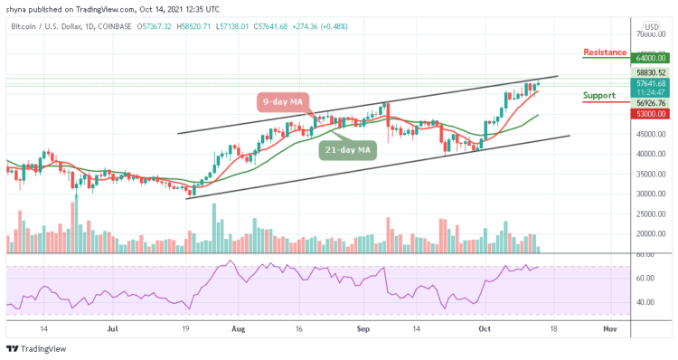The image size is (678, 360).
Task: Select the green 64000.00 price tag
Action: (x=648, y=58)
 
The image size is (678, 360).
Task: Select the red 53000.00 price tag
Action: (x=648, y=114)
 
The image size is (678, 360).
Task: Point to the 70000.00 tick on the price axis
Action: (x=648, y=33)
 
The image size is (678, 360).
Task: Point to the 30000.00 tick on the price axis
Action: (x=648, y=194)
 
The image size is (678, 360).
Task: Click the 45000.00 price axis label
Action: (x=648, y=134)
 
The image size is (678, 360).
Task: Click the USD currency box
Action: (x=650, y=26)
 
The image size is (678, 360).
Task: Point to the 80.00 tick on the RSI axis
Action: (x=648, y=254)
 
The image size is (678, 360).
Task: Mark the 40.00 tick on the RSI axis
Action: (x=648, y=302)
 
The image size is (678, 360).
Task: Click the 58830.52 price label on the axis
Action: (x=648, y=72)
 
